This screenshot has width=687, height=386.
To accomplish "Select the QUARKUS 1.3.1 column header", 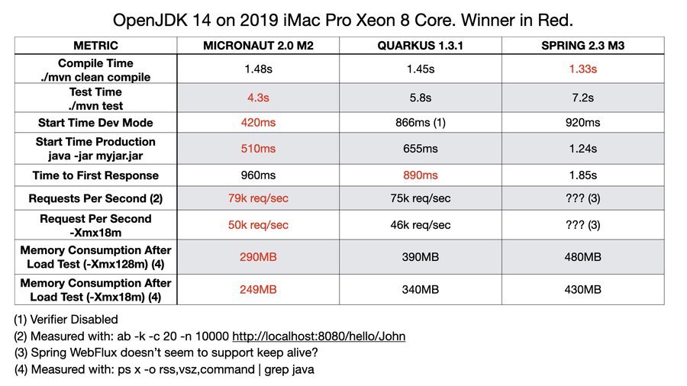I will [421, 45].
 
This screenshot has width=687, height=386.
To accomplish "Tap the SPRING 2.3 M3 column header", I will [583, 45].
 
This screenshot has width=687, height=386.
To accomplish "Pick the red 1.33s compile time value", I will [583, 69].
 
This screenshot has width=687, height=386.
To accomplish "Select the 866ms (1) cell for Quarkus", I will [421, 122].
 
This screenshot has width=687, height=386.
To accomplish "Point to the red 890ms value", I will [421, 175].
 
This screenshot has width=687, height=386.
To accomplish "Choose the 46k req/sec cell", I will [421, 225].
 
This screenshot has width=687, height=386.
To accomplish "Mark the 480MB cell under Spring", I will [583, 257].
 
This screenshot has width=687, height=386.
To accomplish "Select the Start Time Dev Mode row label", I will [95, 122].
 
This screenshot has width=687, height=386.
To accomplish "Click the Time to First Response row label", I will [95, 175].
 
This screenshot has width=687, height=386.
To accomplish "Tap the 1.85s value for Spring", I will [583, 175].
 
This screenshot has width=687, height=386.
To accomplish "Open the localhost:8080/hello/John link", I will [318, 336].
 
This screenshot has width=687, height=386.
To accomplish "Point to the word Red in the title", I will [558, 18].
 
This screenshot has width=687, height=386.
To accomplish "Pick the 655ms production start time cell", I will [421, 149].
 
